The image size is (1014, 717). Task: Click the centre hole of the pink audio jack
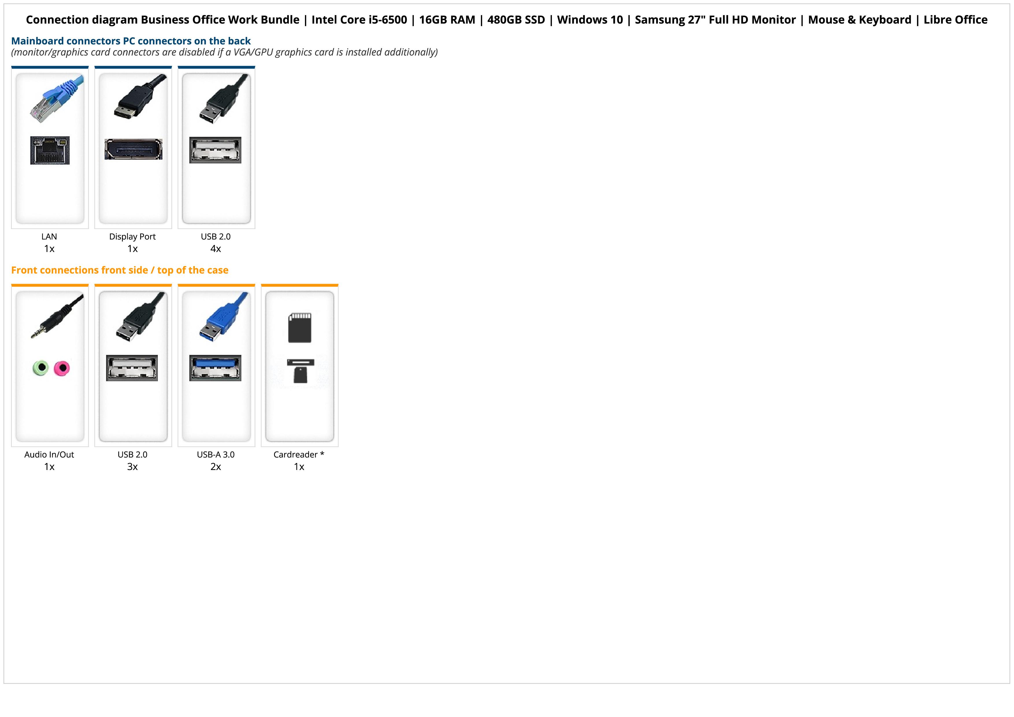pyautogui.click(x=62, y=368)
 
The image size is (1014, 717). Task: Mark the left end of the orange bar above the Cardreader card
pyautogui.click(x=262, y=285)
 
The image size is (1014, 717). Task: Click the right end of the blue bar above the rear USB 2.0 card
pyautogui.click(x=255, y=67)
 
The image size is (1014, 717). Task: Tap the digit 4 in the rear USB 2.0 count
pyautogui.click(x=213, y=249)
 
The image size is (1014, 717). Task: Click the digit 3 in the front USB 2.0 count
pyautogui.click(x=129, y=467)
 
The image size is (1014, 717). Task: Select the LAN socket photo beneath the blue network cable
pyautogui.click(x=50, y=150)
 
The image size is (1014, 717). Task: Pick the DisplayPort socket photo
pyautogui.click(x=133, y=149)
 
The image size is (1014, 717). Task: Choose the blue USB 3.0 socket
pyautogui.click(x=216, y=368)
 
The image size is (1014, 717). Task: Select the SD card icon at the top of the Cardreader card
pyautogui.click(x=300, y=328)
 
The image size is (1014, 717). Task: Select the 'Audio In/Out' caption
pyautogui.click(x=49, y=455)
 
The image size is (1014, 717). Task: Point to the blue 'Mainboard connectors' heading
pyautogui.click(x=131, y=41)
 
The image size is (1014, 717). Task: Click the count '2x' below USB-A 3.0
pyautogui.click(x=216, y=467)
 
